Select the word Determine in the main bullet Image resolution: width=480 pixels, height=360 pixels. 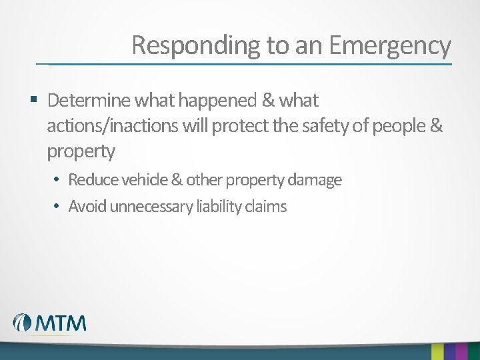[x=89, y=101]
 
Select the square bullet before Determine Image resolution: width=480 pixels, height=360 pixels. [x=33, y=101]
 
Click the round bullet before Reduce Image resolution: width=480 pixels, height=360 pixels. [x=58, y=180]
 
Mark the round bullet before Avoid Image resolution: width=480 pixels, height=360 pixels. [x=58, y=207]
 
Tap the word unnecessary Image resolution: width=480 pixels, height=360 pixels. [x=151, y=207]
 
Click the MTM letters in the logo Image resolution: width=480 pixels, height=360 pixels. [x=61, y=323]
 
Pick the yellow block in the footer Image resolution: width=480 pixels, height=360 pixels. [x=437, y=351]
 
